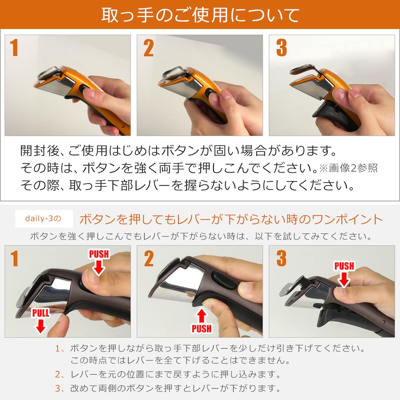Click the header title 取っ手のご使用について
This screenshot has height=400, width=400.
pyautogui.click(x=200, y=15)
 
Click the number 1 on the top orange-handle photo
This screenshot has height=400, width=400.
pyautogui.click(x=15, y=48)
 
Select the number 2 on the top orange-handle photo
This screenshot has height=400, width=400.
pyautogui.click(x=149, y=48)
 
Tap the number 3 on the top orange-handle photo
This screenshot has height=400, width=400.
pyautogui.click(x=281, y=48)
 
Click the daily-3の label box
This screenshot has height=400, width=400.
pyautogui.click(x=44, y=219)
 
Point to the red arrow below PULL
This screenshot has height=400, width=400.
pyautogui.click(x=40, y=326)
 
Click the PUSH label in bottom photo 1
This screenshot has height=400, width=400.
pyautogui.click(x=99, y=254)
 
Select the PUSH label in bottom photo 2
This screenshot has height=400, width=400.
pyautogui.click(x=202, y=328)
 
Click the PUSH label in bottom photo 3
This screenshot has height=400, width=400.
pyautogui.click(x=344, y=266)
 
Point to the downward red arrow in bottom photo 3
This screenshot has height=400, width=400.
pyautogui.click(x=344, y=280)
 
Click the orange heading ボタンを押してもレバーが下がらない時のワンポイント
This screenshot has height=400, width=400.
pyautogui.click(x=231, y=219)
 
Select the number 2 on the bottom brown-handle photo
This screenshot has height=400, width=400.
pyautogui.click(x=149, y=258)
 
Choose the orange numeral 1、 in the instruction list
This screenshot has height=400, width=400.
pyautogui.click(x=60, y=349)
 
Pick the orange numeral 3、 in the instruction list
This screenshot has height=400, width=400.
pyautogui.click(x=60, y=387)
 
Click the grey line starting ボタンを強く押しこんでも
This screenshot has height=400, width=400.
pyautogui.click(x=200, y=236)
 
